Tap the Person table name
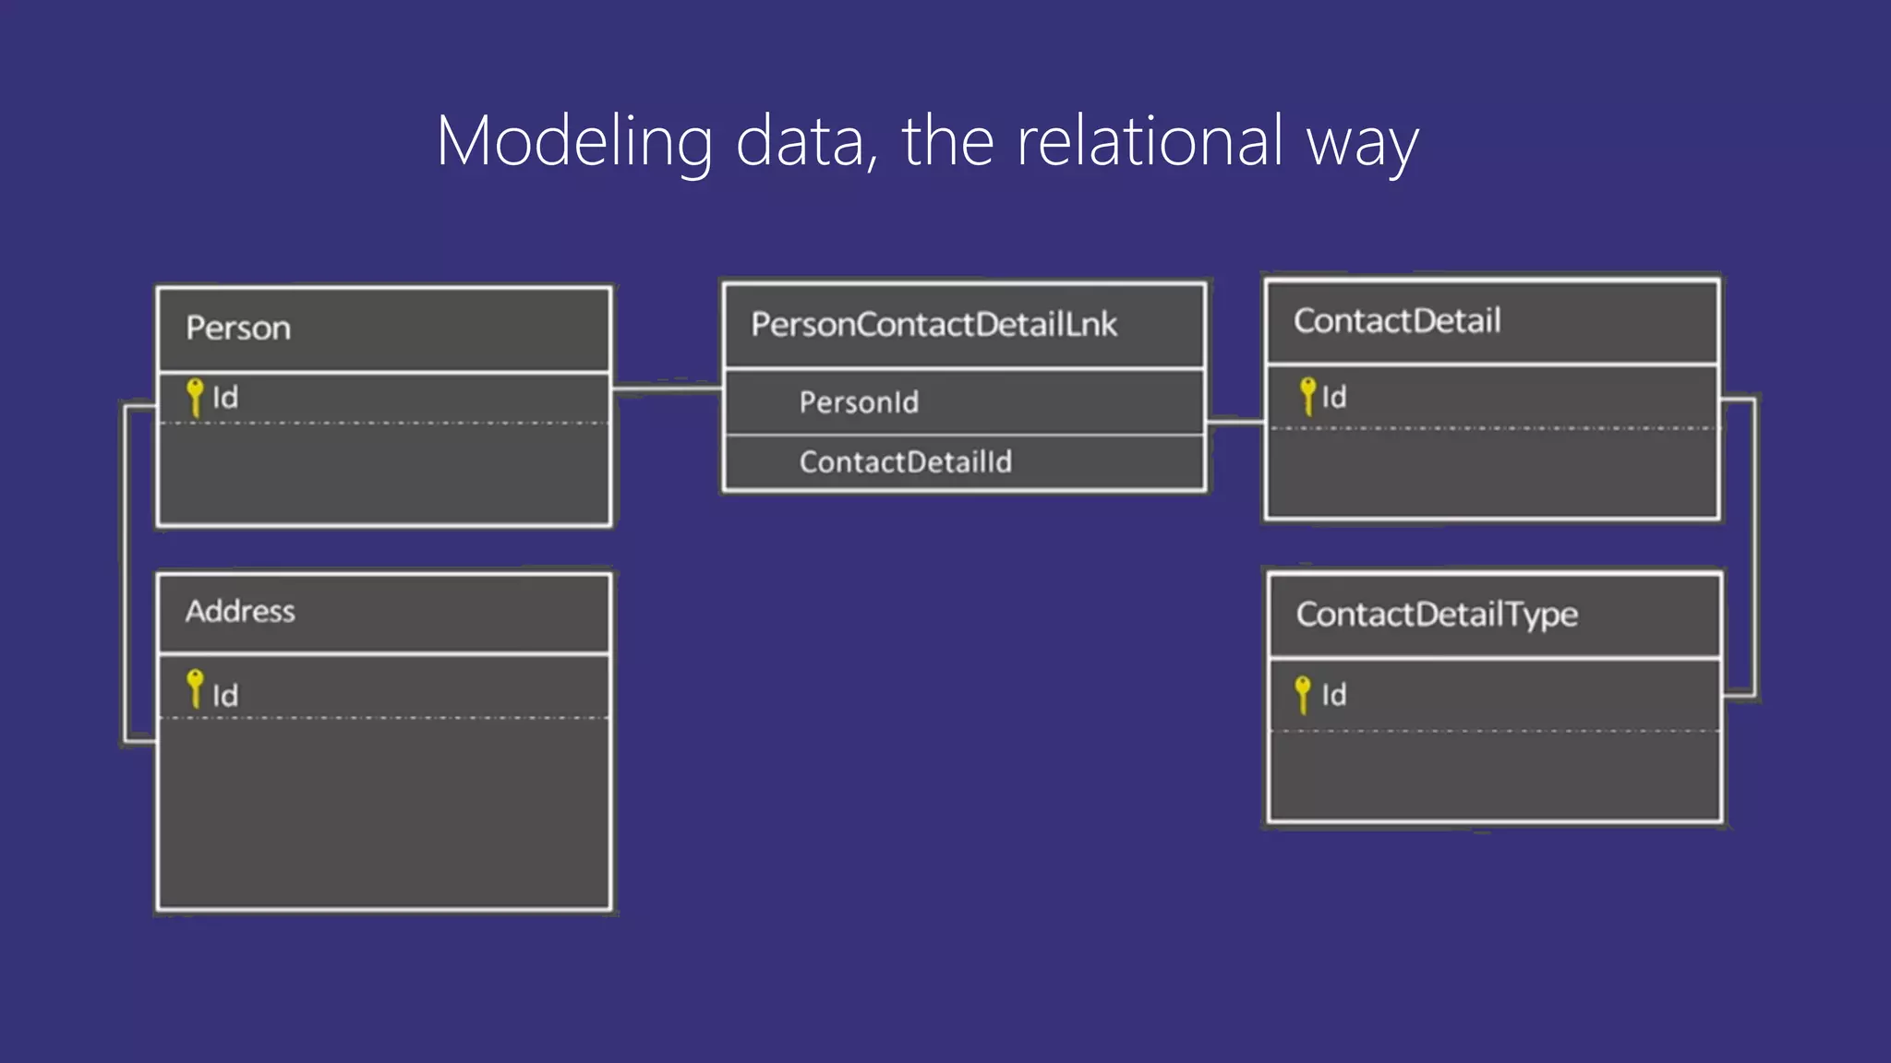(x=238, y=328)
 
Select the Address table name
(x=240, y=611)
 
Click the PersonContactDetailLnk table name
(x=933, y=325)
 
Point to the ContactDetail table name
(x=1397, y=321)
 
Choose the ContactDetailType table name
(x=1437, y=615)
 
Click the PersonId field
(x=859, y=402)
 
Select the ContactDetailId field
(x=905, y=461)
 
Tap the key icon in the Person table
(x=195, y=397)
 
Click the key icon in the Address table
(x=195, y=688)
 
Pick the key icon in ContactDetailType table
(x=1303, y=694)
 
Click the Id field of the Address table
(x=225, y=695)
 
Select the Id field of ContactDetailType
(x=1333, y=695)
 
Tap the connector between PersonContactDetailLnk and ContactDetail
(x=1235, y=423)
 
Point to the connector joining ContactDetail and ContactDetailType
(x=1753, y=544)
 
